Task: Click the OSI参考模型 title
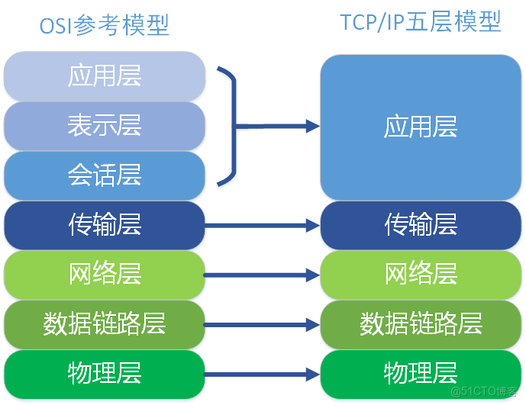[x=104, y=24]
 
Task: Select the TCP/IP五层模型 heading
[x=421, y=22]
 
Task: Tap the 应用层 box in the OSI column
[x=105, y=76]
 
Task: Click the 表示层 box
[x=105, y=125]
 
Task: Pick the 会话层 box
[x=105, y=175]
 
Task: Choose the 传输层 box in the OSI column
[x=105, y=225]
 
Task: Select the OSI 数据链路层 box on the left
[x=105, y=324]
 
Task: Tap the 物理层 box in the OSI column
[x=105, y=374]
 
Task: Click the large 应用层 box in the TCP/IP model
[x=421, y=127]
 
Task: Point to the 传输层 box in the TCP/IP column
[x=421, y=225]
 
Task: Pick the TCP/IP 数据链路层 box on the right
[x=421, y=324]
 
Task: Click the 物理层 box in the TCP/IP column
[x=421, y=374]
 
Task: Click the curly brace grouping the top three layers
[x=229, y=126]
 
